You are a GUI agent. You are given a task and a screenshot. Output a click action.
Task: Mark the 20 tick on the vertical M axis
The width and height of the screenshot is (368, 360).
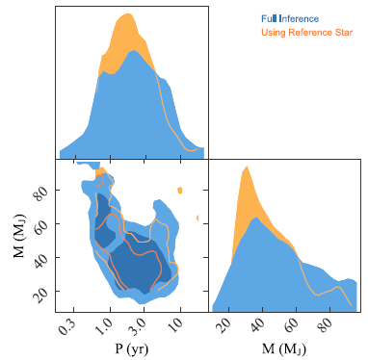[x=40, y=290]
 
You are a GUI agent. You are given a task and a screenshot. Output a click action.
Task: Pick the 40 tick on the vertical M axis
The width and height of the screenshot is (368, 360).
[x=40, y=258]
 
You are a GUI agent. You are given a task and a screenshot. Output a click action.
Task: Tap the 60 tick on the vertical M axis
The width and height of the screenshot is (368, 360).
[x=40, y=225]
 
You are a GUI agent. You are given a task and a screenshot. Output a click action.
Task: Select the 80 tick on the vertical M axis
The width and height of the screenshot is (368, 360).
[x=40, y=193]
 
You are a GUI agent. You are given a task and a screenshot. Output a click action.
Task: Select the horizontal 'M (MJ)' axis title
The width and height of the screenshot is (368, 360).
[x=286, y=348]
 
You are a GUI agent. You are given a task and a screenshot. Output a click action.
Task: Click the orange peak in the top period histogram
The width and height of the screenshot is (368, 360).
[x=124, y=16]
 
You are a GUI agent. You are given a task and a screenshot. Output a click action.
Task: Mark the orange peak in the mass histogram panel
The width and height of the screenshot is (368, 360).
[x=247, y=168]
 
